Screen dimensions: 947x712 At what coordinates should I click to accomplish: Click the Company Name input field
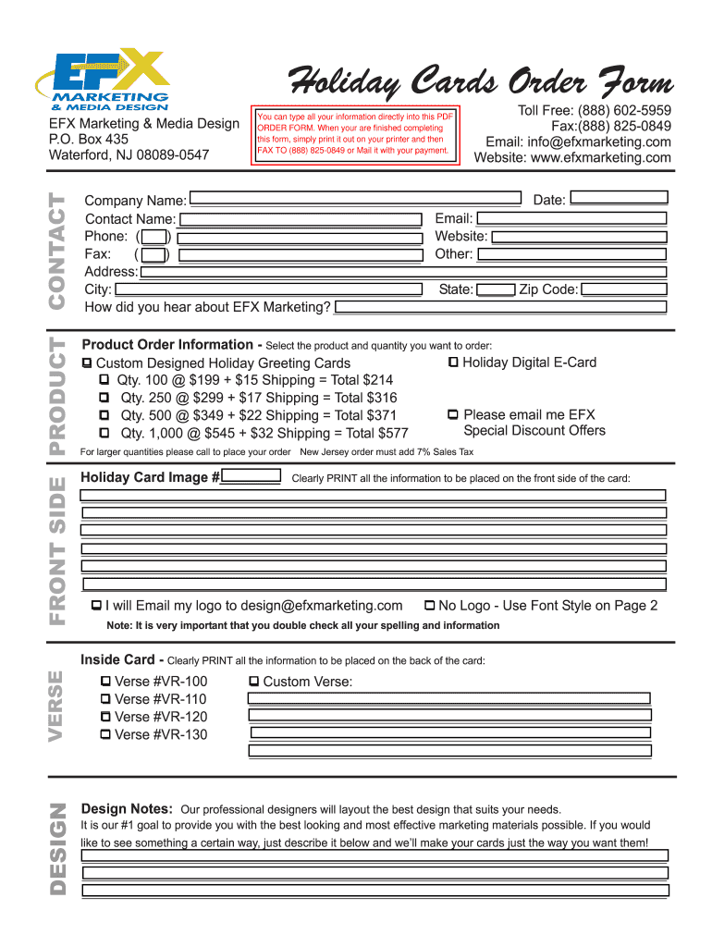(354, 198)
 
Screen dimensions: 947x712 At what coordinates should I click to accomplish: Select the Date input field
(618, 198)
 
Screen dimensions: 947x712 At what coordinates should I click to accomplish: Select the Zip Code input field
(623, 289)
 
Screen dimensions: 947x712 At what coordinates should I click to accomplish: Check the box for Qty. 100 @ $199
(105, 380)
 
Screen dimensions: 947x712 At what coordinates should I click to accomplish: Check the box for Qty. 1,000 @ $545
(105, 433)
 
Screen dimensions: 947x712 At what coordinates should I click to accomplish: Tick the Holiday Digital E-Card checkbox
(453, 363)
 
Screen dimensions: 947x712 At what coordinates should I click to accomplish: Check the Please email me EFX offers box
(453, 415)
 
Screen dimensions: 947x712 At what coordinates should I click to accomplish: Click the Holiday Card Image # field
(252, 477)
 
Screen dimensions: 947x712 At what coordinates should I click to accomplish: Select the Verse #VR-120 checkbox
(105, 717)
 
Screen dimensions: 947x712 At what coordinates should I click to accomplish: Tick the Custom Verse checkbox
(254, 682)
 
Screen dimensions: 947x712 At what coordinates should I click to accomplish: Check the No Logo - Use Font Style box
(429, 606)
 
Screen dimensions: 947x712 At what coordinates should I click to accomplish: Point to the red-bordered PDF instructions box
(356, 134)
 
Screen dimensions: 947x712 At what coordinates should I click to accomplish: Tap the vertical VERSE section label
(56, 705)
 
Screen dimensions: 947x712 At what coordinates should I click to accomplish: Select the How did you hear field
(499, 307)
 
